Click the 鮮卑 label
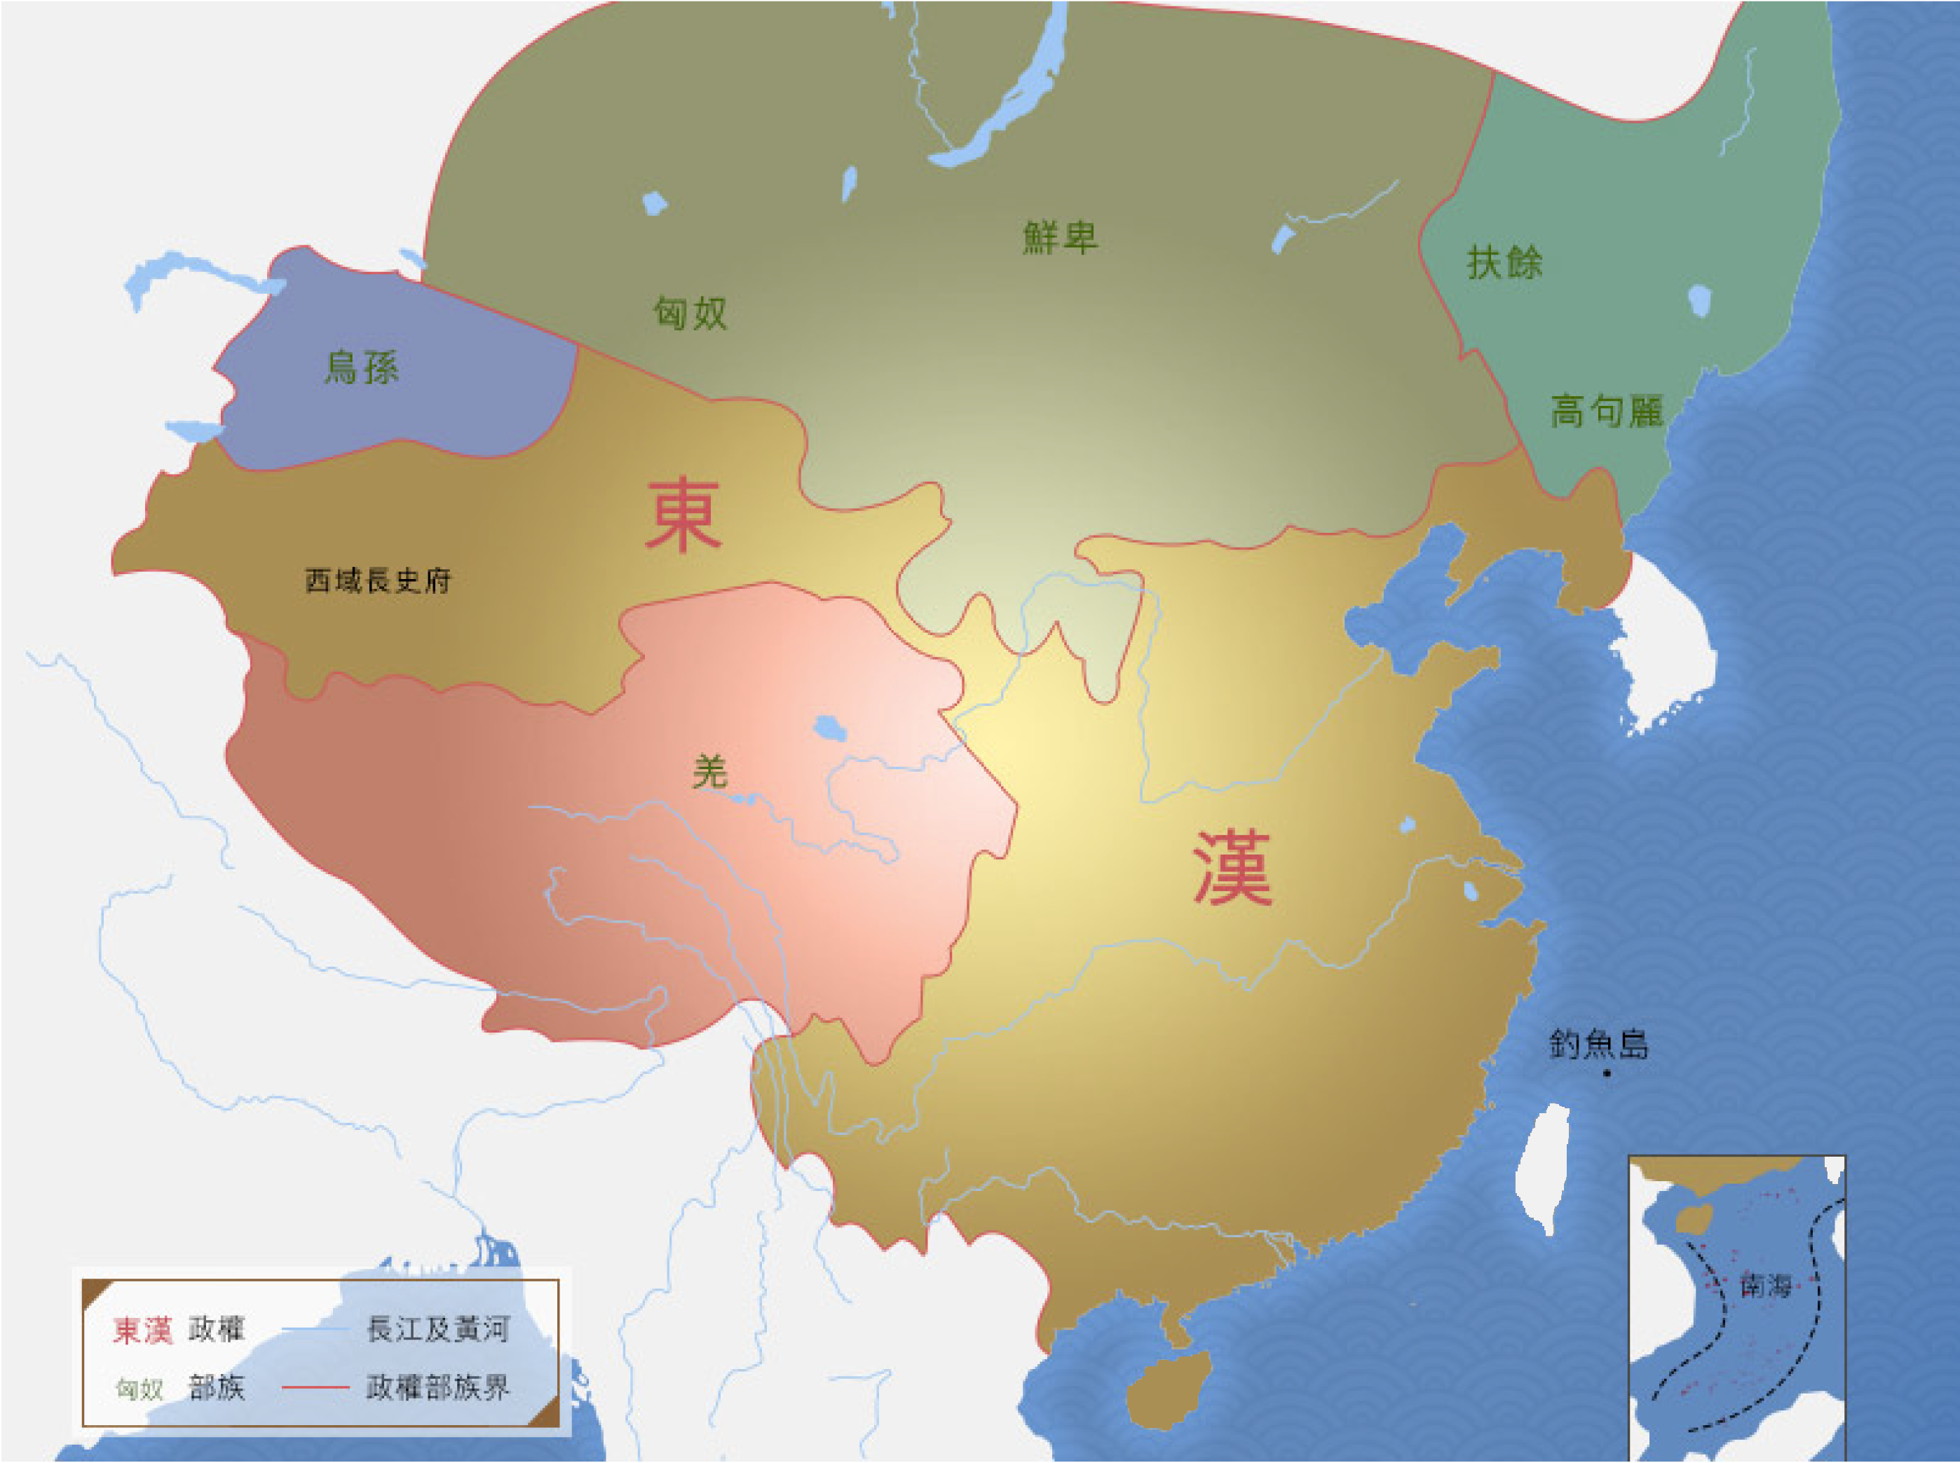tap(1059, 238)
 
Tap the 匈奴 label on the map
tap(690, 313)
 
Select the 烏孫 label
tap(361, 367)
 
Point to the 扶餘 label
tap(1504, 263)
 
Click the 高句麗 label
tap(1606, 411)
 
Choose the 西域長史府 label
tap(378, 581)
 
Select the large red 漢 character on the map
tap(1232, 868)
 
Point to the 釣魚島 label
tap(1599, 1045)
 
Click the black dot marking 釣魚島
tap(1607, 1074)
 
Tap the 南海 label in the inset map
tap(1765, 1286)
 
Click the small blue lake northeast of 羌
tap(830, 729)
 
